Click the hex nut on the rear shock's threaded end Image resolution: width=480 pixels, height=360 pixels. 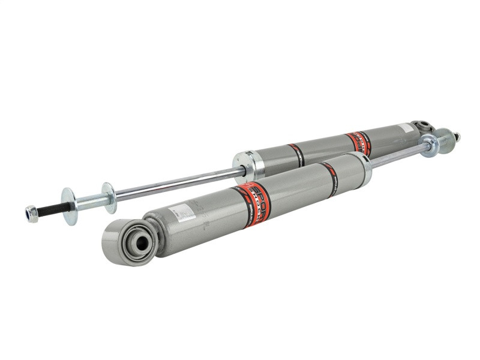pos(32,213)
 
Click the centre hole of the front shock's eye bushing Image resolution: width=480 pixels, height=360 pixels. pos(141,242)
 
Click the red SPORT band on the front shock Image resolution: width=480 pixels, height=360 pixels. pos(255,203)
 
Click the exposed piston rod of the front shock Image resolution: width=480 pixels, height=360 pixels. pos(396,154)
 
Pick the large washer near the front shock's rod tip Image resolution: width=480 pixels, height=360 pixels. pos(428,145)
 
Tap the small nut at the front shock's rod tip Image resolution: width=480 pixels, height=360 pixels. pos(457,137)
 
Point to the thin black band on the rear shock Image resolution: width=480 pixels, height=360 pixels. pos(296,155)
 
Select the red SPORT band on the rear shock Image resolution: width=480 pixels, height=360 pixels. pos(359,143)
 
